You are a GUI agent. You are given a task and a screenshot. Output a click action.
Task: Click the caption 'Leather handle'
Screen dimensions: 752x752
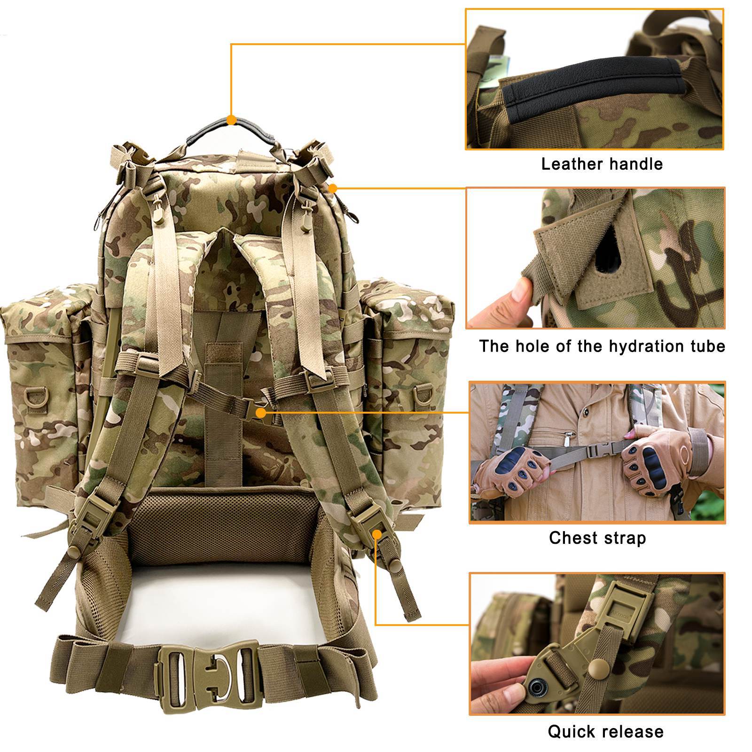[602, 164]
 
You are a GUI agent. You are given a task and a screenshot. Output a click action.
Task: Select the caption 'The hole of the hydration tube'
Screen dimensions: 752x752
[602, 346]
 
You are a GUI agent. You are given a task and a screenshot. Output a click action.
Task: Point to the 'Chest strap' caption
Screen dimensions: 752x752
[597, 538]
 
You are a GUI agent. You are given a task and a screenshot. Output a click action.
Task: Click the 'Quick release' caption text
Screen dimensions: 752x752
[606, 731]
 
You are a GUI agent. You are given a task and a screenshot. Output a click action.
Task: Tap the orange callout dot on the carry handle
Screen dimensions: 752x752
[231, 120]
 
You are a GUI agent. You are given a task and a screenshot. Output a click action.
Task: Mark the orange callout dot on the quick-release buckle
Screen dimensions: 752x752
[377, 534]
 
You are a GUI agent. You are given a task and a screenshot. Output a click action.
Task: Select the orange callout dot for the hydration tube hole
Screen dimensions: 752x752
[333, 188]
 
